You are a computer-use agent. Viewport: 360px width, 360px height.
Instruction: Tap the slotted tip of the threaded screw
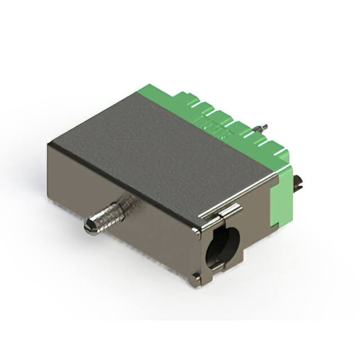point(89,227)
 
